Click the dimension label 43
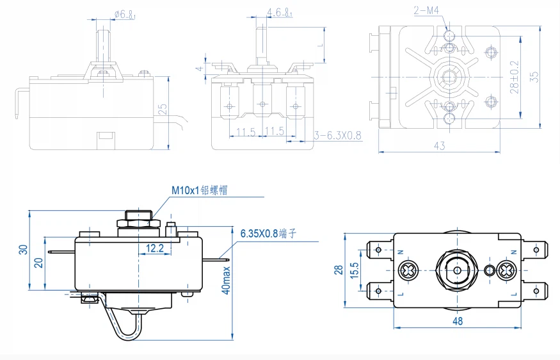pyautogui.click(x=439, y=145)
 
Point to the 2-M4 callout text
pyautogui.click(x=426, y=10)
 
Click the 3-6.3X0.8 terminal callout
pyautogui.click(x=339, y=135)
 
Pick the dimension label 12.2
pyautogui.click(x=156, y=247)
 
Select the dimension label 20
pyautogui.click(x=38, y=263)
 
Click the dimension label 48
pyautogui.click(x=457, y=321)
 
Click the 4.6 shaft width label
pyautogui.click(x=280, y=13)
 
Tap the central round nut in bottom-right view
pyautogui.click(x=457, y=269)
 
